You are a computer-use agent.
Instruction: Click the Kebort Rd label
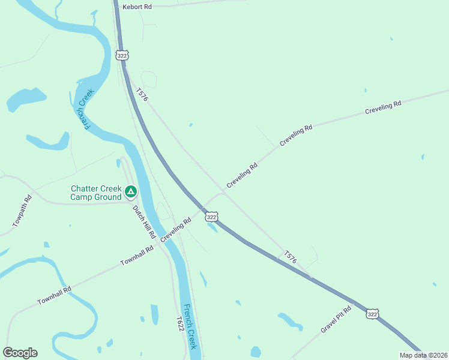coord(137,7)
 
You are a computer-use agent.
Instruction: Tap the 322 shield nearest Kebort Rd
coord(122,55)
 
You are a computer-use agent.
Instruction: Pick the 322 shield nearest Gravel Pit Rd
coord(372,314)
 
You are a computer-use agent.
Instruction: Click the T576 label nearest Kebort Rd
coord(142,95)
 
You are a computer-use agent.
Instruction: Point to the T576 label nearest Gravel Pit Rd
coord(291,257)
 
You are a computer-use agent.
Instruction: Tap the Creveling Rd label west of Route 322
coord(176,230)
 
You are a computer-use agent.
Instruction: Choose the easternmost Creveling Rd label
coord(383,109)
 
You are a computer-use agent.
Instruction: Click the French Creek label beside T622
coord(190,327)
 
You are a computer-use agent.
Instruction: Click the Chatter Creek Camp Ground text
coord(96,192)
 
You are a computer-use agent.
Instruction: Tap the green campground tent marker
coord(131,192)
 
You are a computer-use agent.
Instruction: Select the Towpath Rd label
coord(22,212)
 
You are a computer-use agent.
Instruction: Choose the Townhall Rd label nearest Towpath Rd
coord(54,294)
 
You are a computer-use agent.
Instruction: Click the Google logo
coord(20,353)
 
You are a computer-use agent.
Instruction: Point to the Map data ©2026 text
coord(423,355)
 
